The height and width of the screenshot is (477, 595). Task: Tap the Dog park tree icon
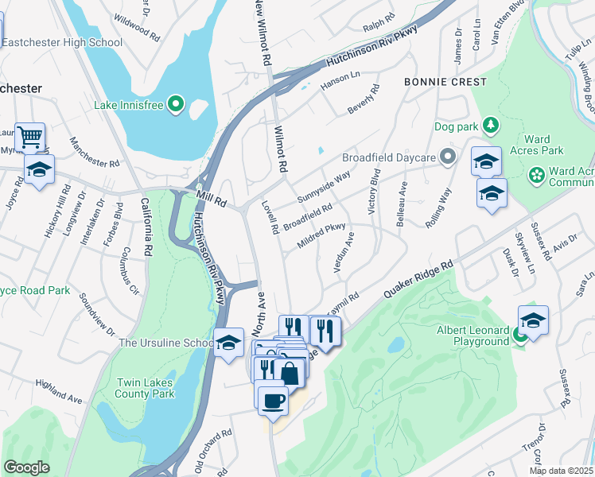(x=492, y=126)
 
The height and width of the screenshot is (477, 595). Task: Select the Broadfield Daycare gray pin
(x=449, y=157)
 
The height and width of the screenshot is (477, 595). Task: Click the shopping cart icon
(x=30, y=137)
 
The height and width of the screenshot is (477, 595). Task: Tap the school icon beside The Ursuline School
(x=228, y=343)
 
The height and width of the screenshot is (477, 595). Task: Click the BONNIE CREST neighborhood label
(x=445, y=82)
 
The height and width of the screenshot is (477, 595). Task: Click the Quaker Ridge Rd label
(x=418, y=278)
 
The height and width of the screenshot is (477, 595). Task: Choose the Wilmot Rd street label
(x=279, y=149)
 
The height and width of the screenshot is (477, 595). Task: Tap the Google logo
(x=26, y=467)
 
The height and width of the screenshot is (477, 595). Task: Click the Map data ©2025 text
(x=561, y=471)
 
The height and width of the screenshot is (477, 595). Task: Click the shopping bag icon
(x=291, y=372)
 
